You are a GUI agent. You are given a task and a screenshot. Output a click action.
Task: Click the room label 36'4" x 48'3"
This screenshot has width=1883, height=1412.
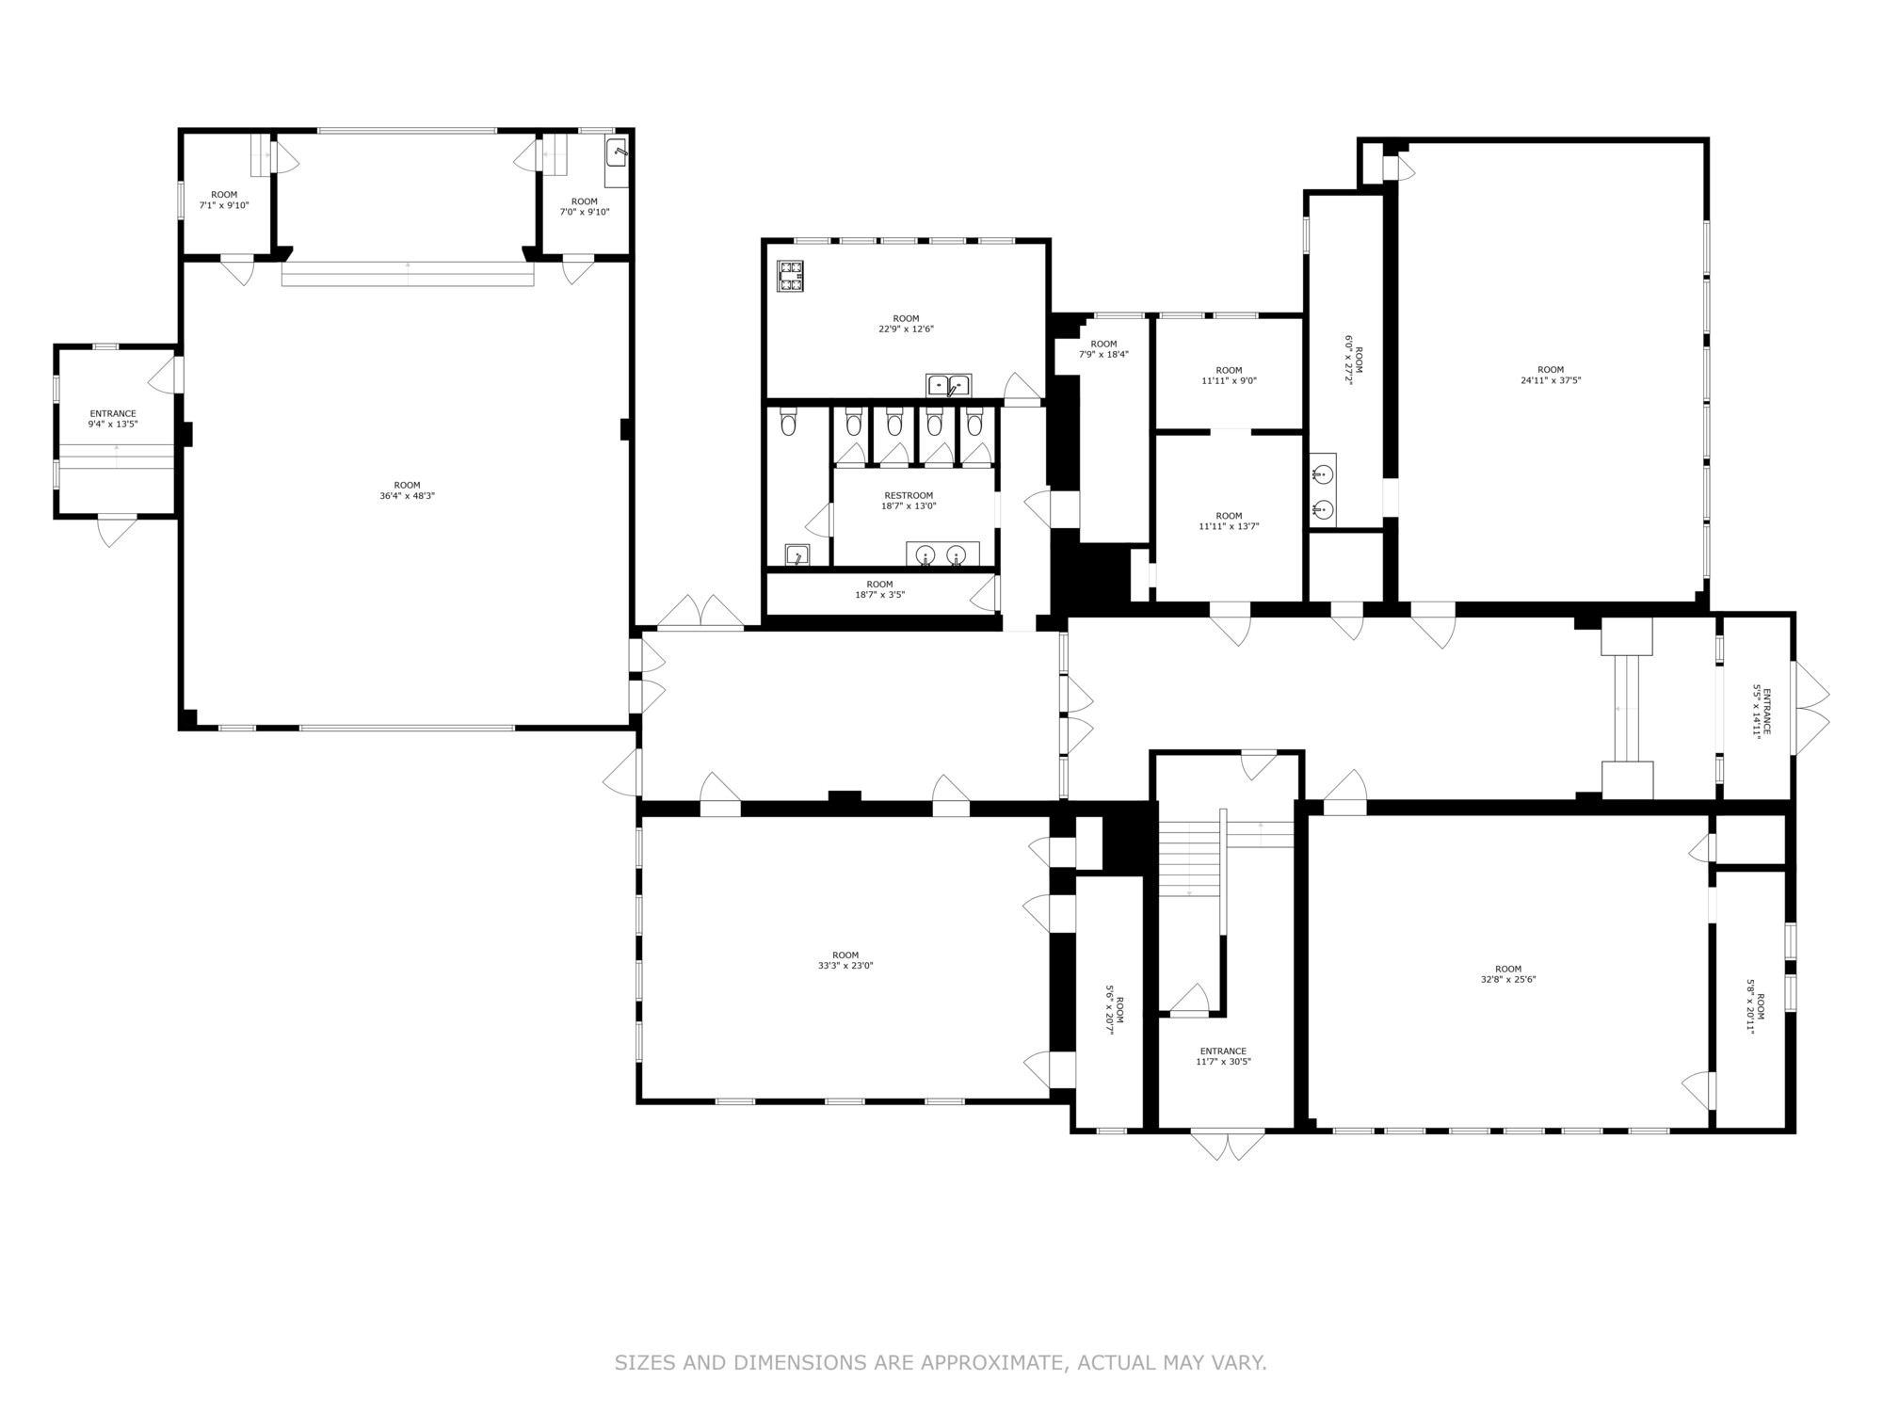[x=407, y=490]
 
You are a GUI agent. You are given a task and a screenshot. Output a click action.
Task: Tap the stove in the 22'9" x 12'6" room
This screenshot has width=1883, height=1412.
[x=790, y=275]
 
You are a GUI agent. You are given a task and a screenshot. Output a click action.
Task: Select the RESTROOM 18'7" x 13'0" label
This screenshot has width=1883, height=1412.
[x=909, y=501]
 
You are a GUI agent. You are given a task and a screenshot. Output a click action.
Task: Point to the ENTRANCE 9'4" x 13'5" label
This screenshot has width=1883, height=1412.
[x=113, y=419]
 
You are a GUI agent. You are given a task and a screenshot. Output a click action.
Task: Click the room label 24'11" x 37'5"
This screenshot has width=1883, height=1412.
[x=1551, y=375]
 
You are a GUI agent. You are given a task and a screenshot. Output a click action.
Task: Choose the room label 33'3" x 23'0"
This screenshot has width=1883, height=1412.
[x=845, y=960]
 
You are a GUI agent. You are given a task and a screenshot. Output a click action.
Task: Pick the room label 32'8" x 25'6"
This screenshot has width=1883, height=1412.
[x=1508, y=973]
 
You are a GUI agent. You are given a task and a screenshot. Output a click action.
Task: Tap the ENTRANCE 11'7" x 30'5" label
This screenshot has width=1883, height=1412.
[x=1224, y=1056]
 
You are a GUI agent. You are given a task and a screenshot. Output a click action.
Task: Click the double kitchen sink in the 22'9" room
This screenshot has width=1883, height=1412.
[x=949, y=385]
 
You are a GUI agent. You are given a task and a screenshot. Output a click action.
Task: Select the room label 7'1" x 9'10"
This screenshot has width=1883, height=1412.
[x=224, y=200]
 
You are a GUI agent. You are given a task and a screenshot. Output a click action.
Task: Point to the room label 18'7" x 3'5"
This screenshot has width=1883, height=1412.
[x=879, y=589]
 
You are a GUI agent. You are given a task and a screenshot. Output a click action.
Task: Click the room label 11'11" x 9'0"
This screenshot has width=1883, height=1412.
[x=1229, y=376]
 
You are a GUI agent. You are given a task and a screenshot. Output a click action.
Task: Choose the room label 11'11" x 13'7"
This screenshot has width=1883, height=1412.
[x=1229, y=521]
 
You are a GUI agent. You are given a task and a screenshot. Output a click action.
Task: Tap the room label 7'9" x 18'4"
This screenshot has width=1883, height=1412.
[x=1103, y=349]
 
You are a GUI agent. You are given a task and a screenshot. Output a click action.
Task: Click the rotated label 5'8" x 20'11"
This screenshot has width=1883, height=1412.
[x=1755, y=1005]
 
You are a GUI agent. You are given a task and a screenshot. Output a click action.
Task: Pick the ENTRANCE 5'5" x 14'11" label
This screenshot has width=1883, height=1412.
[x=1761, y=713]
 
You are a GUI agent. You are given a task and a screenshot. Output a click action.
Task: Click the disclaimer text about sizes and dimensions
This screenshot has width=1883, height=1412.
[x=941, y=1362]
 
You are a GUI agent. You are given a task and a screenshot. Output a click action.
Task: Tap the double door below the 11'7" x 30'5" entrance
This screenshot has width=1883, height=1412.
[x=1228, y=1144]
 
